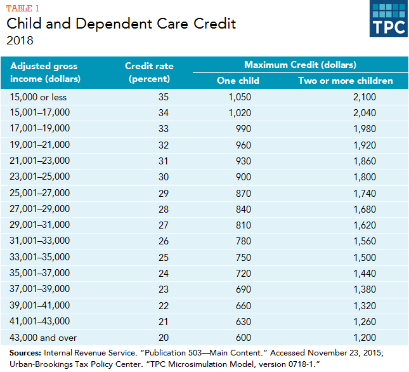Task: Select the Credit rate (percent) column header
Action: [149, 72]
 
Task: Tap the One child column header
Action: [238, 81]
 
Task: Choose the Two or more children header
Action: [346, 81]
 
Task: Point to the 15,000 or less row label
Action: [38, 97]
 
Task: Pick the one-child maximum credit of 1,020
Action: [240, 113]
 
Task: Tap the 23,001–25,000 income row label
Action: [40, 176]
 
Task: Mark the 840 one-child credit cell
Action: [243, 208]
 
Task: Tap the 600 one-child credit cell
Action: [243, 337]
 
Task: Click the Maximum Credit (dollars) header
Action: [300, 65]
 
